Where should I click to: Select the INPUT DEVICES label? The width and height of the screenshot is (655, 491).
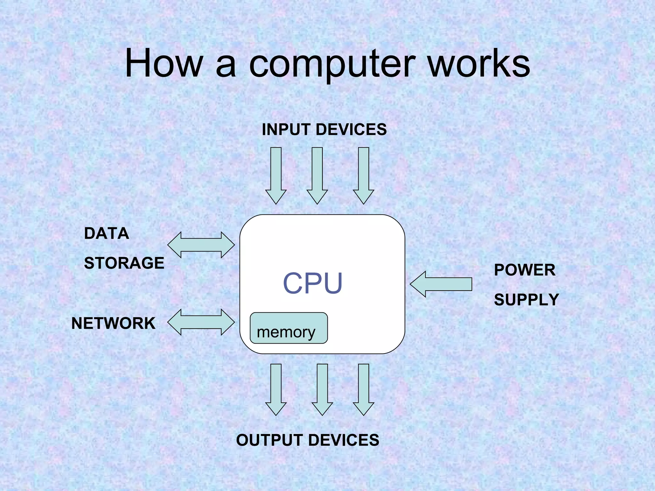click(x=324, y=130)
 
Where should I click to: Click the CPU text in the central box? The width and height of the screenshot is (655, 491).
click(x=312, y=283)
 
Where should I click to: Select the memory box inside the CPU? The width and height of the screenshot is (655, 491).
click(x=288, y=328)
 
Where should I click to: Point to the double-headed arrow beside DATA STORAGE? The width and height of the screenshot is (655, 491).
click(x=201, y=245)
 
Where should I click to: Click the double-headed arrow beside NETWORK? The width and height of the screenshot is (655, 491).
click(x=201, y=322)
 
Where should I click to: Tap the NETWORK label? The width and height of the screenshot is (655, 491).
click(x=113, y=323)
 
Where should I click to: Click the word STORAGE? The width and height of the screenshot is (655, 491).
click(x=124, y=263)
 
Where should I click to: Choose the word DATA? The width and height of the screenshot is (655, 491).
click(x=107, y=234)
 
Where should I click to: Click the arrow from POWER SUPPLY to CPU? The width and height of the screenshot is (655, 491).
click(x=441, y=284)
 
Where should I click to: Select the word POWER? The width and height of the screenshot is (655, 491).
click(x=525, y=270)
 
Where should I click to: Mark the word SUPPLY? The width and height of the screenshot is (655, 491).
click(x=526, y=300)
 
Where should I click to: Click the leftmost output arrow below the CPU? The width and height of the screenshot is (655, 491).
click(x=276, y=388)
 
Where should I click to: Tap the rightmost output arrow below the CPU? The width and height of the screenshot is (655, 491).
click(x=363, y=388)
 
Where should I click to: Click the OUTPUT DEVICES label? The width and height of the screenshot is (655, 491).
click(x=307, y=440)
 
